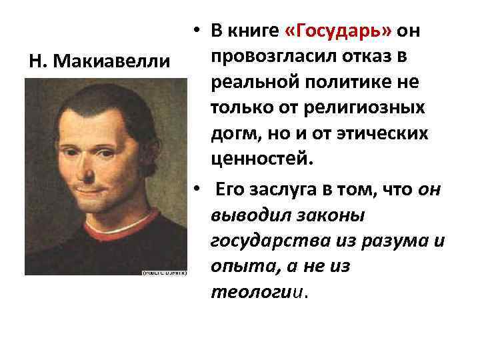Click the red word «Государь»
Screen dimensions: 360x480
(x=340, y=31)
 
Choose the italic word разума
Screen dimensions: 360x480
(x=391, y=241)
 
